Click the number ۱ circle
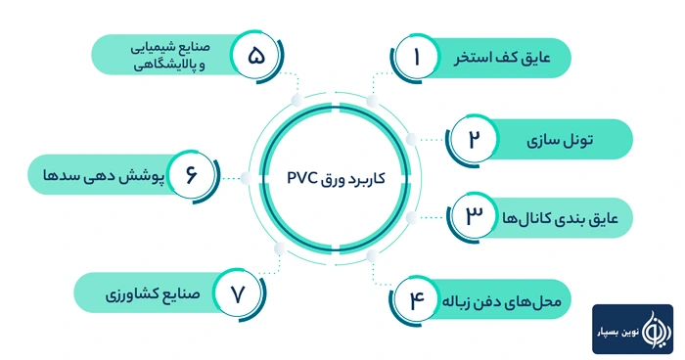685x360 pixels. coord(417,58)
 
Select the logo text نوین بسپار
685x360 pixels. coord(622,331)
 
